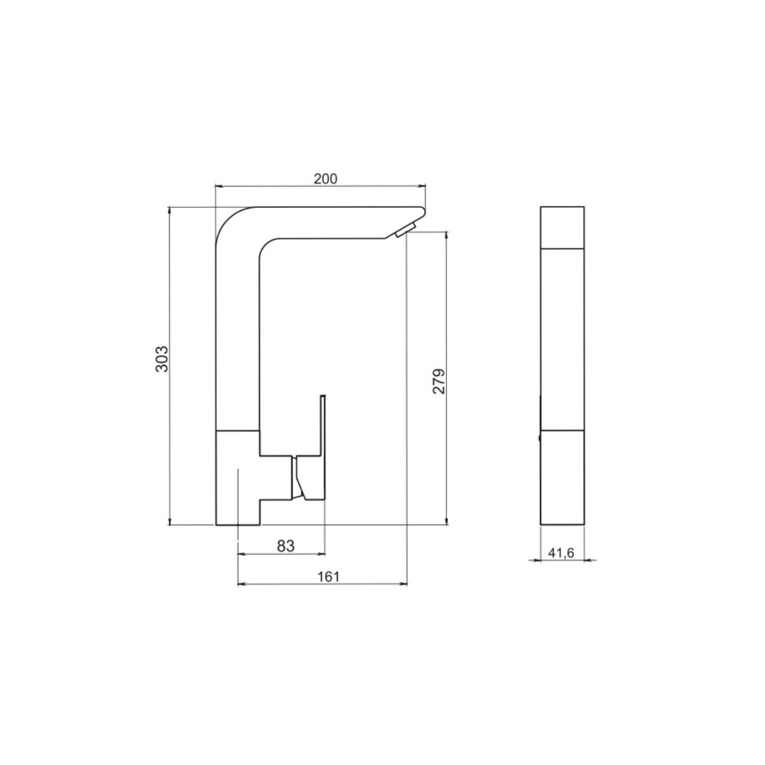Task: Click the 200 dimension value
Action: tap(325, 179)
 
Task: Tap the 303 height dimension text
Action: tap(162, 359)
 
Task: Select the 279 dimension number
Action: tap(439, 381)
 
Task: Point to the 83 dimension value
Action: tap(286, 546)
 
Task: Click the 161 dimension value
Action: tap(328, 576)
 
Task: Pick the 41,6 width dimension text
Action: tap(561, 553)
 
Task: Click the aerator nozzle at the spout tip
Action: tap(405, 230)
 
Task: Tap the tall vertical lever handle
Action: tap(323, 425)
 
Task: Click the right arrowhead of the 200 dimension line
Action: tap(422, 186)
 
